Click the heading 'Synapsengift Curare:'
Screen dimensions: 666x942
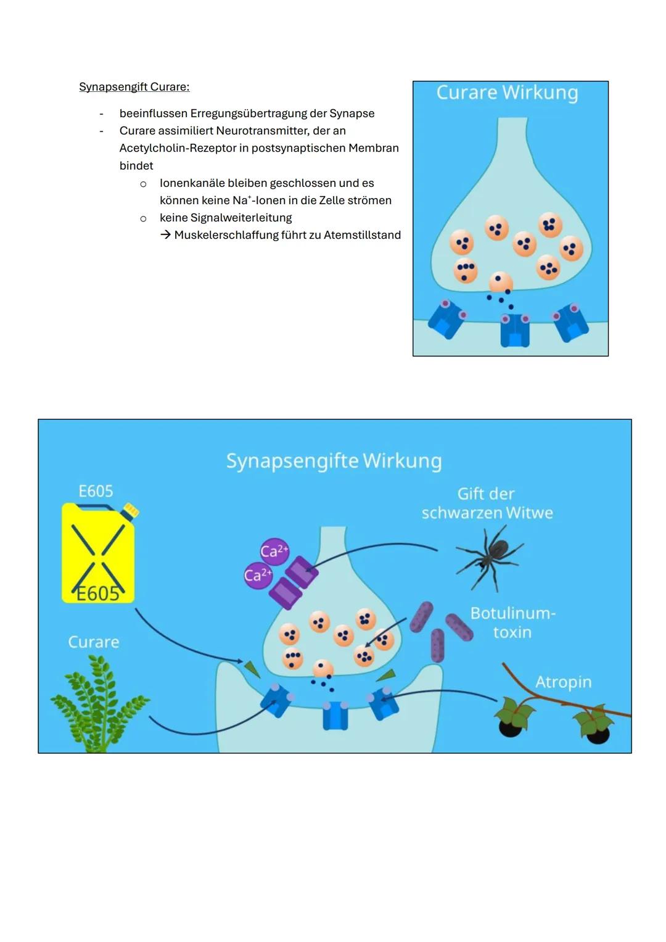(134, 86)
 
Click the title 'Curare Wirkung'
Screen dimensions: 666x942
(507, 93)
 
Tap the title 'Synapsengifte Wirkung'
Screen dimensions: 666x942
(334, 461)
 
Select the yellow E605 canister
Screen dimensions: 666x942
(99, 553)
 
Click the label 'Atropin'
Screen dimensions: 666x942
(563, 682)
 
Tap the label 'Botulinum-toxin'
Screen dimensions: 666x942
(512, 622)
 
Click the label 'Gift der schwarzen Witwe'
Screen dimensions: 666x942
(487, 503)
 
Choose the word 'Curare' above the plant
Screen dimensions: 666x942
(93, 642)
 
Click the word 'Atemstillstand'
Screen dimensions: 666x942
(362, 234)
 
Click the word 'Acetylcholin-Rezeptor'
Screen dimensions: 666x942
(178, 148)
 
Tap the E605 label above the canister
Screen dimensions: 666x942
(96, 491)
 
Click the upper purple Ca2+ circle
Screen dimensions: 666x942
(274, 552)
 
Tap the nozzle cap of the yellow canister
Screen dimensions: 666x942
(131, 510)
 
